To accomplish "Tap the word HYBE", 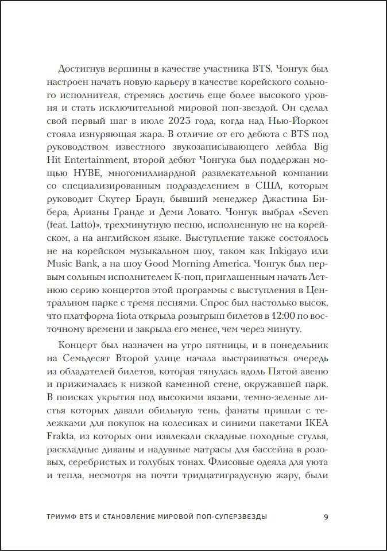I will (100, 173).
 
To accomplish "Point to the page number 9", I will (326, 517).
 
